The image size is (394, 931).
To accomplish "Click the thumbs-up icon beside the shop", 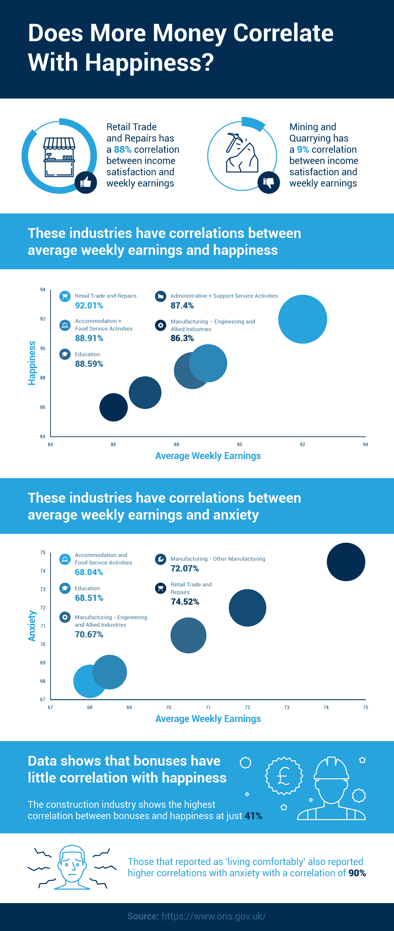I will pos(86,182).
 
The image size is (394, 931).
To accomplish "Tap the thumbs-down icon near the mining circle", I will pos(269,182).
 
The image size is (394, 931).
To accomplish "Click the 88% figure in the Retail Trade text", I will pos(122,149).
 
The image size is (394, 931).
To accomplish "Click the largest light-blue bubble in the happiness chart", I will pos(302,319).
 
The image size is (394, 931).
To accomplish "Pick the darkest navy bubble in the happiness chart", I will pos(113,407).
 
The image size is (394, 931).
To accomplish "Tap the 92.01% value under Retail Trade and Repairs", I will pos(89,305).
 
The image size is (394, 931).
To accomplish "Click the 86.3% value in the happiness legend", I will pos(182,338).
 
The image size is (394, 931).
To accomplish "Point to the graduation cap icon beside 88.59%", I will pos(65,354).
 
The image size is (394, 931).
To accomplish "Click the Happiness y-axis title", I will pos(32,363).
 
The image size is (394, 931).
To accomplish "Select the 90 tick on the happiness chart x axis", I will pos(239,444).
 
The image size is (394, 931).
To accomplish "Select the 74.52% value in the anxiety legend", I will pos(185,601).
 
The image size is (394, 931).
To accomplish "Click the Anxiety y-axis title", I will pos(32,626).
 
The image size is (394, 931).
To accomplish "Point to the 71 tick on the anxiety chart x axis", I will pos(208,707).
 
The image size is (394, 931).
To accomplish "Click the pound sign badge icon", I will pos(284,776).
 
